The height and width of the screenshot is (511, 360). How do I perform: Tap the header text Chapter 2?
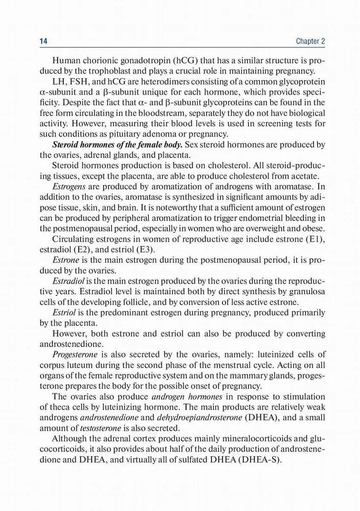310,40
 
